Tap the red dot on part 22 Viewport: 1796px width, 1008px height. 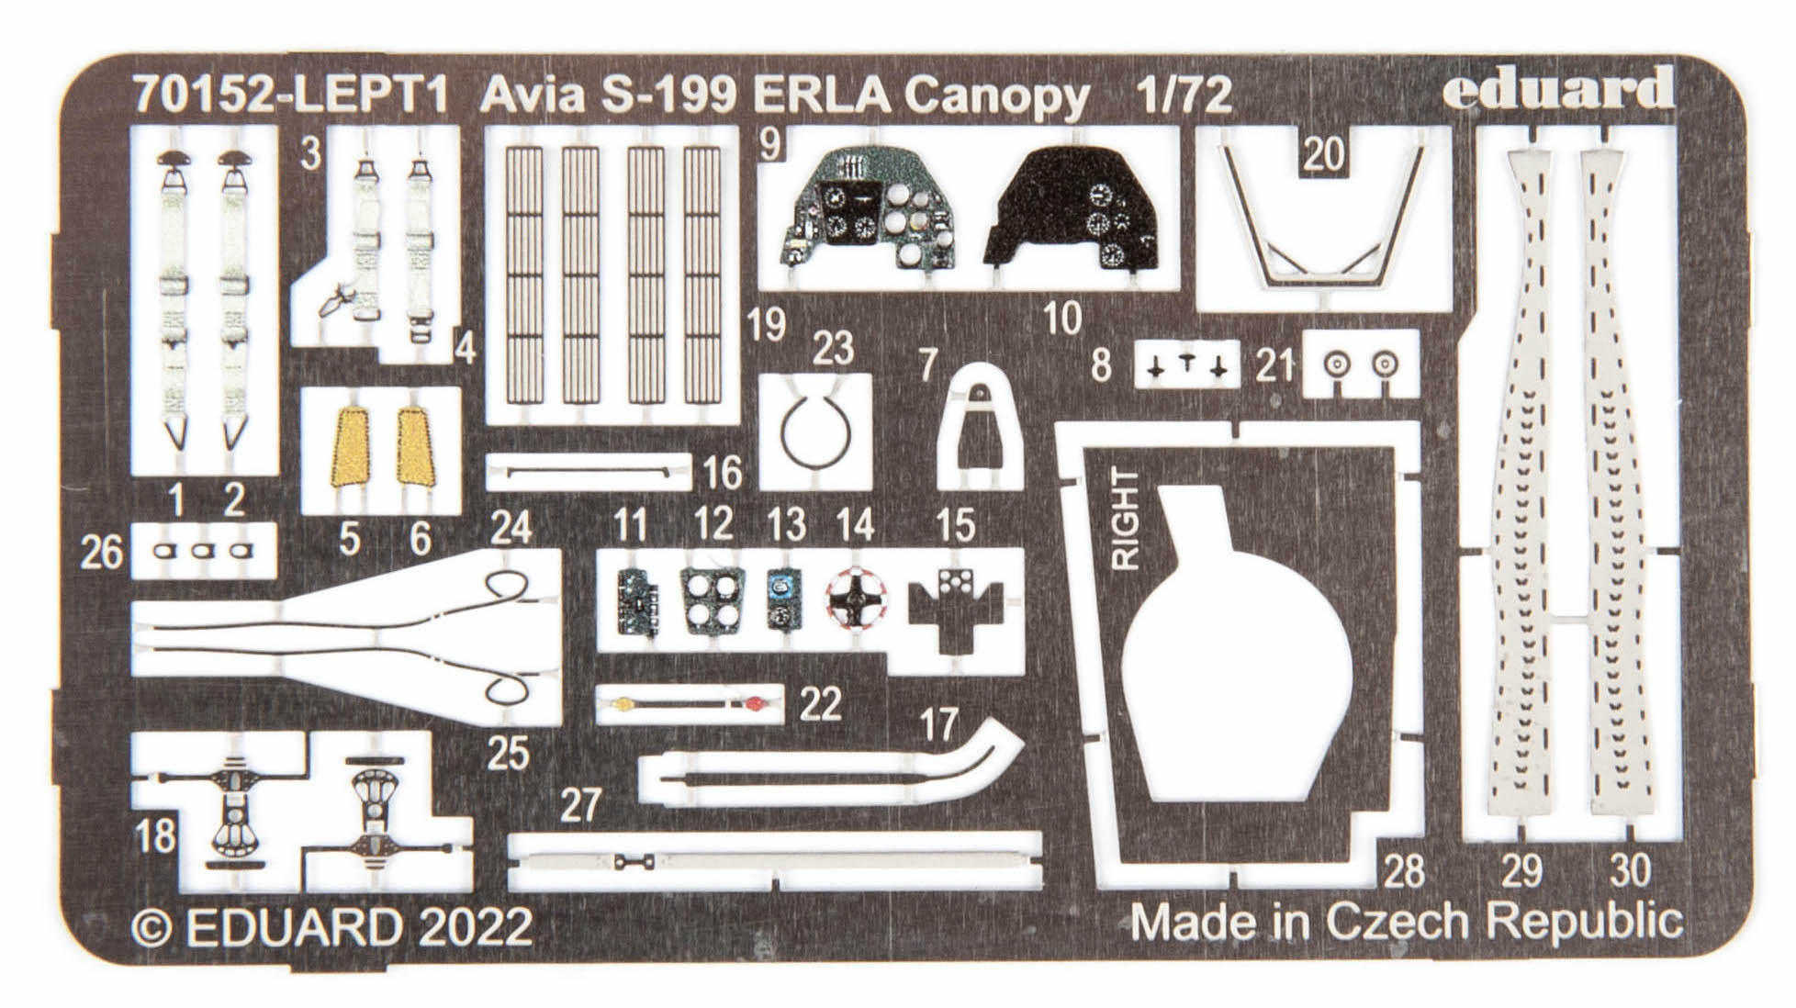coord(754,704)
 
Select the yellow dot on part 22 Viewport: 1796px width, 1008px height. coord(621,705)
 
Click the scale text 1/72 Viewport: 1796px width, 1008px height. coord(1183,95)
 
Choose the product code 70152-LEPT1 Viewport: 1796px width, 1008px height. coord(289,95)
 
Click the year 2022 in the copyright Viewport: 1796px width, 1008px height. coord(477,926)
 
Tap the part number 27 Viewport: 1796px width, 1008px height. coord(580,805)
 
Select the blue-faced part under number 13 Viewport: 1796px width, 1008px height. coord(783,597)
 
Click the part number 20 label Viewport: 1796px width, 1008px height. coord(1323,153)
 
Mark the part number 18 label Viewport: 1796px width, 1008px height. coord(154,835)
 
